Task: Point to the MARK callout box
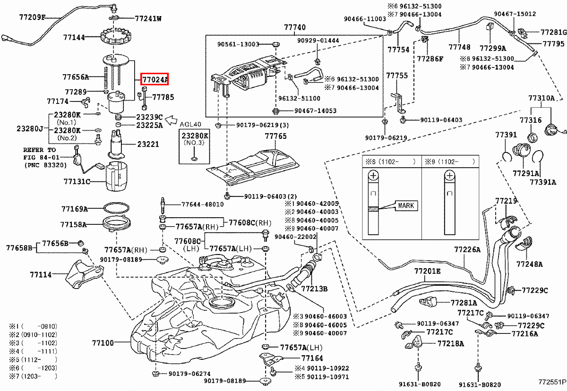405,205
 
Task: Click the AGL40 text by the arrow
191,124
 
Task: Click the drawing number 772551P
551,380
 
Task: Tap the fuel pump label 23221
148,144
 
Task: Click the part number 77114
41,274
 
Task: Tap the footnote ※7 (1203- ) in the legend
33,376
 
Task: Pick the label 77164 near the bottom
312,358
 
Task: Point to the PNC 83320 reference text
41,165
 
